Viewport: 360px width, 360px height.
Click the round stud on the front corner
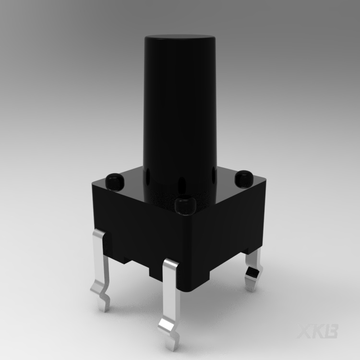pos(184,205)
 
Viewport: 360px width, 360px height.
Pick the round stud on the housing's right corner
pos(243,178)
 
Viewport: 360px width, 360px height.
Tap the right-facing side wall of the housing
pos(226,230)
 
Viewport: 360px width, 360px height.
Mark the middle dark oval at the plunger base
pos(181,185)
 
